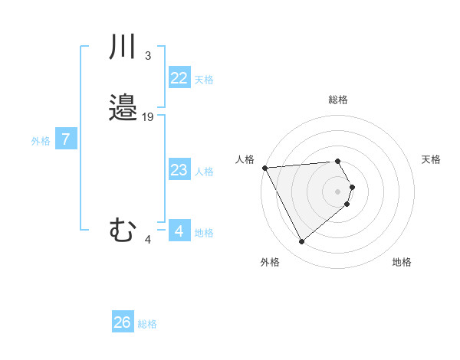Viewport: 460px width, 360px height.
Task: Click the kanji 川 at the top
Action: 123,48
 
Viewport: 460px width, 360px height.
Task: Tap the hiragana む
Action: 123,230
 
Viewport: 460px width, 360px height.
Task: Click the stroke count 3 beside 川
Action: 147,56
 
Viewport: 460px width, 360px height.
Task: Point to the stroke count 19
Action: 148,117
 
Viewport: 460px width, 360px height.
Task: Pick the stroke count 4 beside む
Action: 148,240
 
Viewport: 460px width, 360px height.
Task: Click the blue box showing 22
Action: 179,78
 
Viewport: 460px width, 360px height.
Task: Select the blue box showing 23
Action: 179,170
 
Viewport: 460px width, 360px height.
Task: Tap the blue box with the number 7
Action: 67,139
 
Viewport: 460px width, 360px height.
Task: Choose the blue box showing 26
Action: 123,322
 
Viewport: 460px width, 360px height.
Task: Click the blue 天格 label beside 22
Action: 204,80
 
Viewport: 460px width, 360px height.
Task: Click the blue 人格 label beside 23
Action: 204,172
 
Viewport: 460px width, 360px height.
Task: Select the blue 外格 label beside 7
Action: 41,141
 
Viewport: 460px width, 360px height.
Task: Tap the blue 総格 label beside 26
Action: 147,324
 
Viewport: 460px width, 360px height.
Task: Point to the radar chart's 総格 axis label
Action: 338,100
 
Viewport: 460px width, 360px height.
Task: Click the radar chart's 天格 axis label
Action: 432,159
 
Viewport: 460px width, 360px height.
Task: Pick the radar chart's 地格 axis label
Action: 402,262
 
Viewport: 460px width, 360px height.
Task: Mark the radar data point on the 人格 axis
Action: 264,167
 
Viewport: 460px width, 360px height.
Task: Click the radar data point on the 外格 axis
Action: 301,242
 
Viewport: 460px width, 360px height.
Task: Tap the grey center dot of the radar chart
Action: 338,191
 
